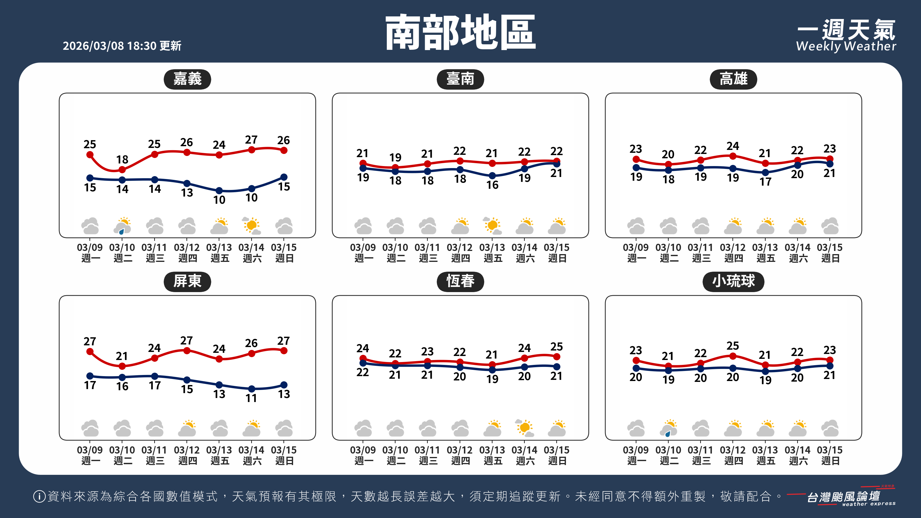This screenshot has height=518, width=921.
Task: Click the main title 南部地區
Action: click(x=460, y=33)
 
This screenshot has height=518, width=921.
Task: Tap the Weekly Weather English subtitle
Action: click(x=846, y=46)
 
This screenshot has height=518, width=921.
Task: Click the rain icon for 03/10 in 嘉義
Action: click(x=122, y=226)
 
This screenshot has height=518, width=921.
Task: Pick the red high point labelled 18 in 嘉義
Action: click(x=122, y=170)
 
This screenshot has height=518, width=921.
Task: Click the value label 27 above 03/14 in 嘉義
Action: click(x=251, y=140)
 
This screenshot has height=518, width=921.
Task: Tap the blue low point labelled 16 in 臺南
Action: click(x=492, y=176)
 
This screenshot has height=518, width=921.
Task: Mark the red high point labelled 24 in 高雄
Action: click(x=732, y=156)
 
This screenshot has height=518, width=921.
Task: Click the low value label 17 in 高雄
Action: click(x=765, y=182)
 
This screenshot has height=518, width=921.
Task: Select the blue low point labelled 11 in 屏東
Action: click(x=251, y=389)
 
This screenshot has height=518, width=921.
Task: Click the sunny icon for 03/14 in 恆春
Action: click(x=524, y=428)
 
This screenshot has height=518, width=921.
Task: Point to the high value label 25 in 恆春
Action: click(x=557, y=347)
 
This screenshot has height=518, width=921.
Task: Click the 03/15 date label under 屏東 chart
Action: click(x=284, y=450)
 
